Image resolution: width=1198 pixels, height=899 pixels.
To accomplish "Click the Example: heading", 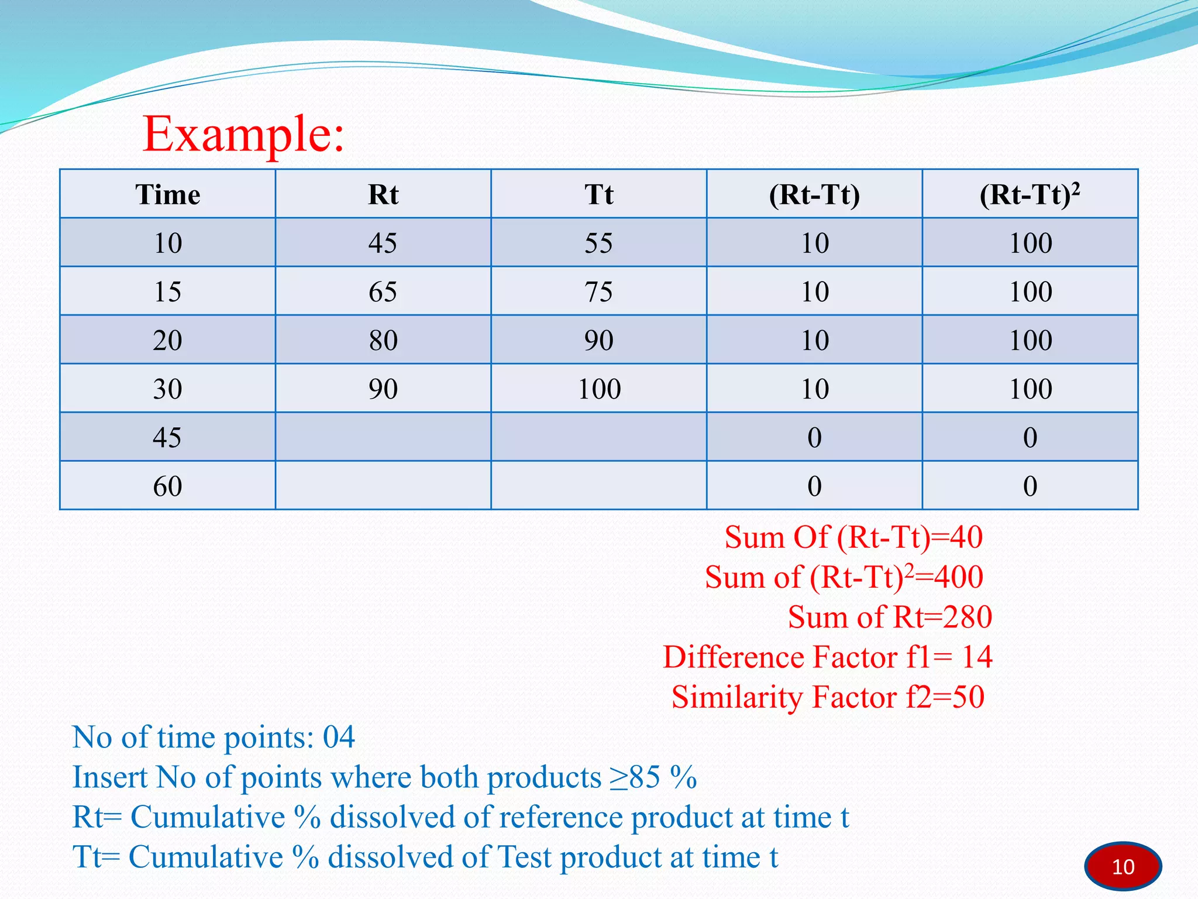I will [243, 135].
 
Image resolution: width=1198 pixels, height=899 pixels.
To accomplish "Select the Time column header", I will [167, 195].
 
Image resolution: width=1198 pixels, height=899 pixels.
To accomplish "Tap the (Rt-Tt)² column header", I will [1030, 195].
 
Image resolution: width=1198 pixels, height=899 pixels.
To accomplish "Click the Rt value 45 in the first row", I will [383, 243].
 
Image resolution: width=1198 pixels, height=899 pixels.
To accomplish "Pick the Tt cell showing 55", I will [598, 243].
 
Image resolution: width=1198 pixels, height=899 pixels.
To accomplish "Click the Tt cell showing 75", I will [598, 291].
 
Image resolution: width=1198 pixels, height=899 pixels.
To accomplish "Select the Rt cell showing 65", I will [383, 291].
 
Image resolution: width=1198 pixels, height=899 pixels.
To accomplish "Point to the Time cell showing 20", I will [167, 340].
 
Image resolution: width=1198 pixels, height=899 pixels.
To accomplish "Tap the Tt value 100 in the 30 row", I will [599, 389].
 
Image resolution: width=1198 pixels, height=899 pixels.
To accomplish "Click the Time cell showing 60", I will [167, 486].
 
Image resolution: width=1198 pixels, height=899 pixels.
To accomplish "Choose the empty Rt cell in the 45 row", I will [383, 437].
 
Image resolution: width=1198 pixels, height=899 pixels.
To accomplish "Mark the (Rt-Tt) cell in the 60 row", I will [814, 486].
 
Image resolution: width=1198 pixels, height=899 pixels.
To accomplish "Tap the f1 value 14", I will [977, 657].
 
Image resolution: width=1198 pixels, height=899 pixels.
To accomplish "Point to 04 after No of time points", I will [339, 737].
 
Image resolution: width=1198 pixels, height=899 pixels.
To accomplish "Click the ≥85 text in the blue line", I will [635, 777].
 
